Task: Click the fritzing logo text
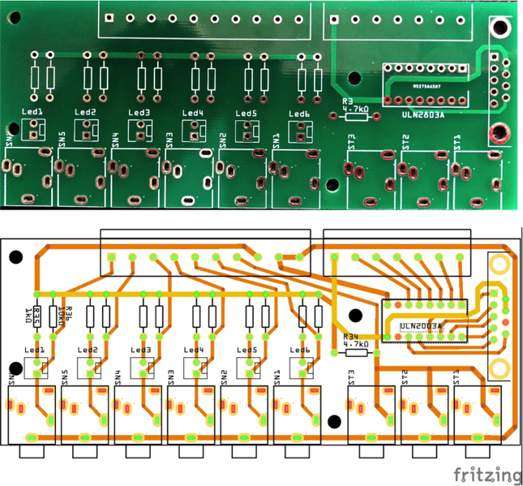(x=487, y=474)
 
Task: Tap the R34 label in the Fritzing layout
(x=350, y=336)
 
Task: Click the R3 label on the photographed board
(x=348, y=100)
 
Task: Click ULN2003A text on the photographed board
(x=422, y=115)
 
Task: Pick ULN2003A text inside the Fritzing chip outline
(x=421, y=326)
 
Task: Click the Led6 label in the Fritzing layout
(x=300, y=351)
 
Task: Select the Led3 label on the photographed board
(x=139, y=112)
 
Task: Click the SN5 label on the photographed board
(x=62, y=137)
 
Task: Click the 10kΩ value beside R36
(x=58, y=316)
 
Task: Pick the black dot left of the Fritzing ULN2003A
(x=354, y=316)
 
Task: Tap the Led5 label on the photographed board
(x=246, y=113)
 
